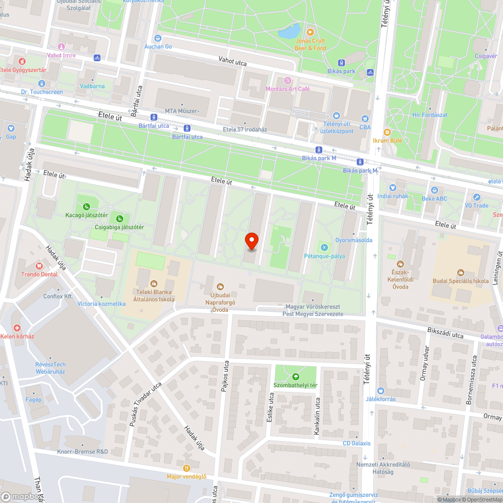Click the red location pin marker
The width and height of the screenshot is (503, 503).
click(x=251, y=241)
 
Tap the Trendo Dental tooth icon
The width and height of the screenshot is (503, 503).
click(x=39, y=265)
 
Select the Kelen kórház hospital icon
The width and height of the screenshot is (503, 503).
click(x=17, y=327)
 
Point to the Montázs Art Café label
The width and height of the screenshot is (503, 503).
click(x=295, y=89)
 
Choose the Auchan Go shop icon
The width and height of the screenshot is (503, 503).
click(x=158, y=38)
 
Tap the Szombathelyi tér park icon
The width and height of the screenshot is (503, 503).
click(x=295, y=376)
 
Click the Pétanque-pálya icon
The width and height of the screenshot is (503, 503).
click(x=324, y=247)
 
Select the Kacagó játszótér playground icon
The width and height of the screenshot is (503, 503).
click(x=87, y=206)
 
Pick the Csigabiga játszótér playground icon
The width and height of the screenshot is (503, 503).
click(x=120, y=218)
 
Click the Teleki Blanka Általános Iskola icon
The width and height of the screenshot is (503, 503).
click(x=154, y=283)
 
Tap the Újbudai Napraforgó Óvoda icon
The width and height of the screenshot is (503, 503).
click(x=220, y=286)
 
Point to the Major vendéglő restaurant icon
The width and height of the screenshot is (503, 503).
click(x=187, y=467)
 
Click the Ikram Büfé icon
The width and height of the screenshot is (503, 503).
click(x=387, y=132)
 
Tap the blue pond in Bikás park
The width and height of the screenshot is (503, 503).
click(x=289, y=32)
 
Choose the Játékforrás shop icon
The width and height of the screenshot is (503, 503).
click(x=380, y=390)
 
